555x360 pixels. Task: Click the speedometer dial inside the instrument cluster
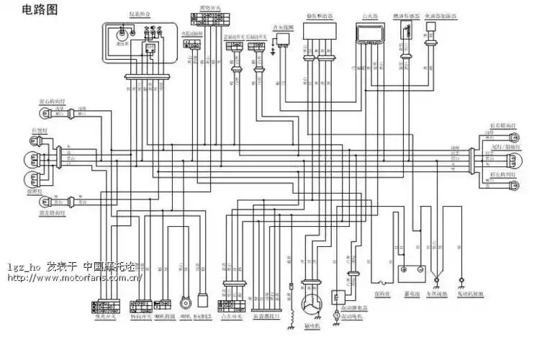pos(123,33)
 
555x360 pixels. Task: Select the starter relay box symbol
pos(338,297)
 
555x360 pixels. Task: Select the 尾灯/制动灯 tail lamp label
pos(505,147)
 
